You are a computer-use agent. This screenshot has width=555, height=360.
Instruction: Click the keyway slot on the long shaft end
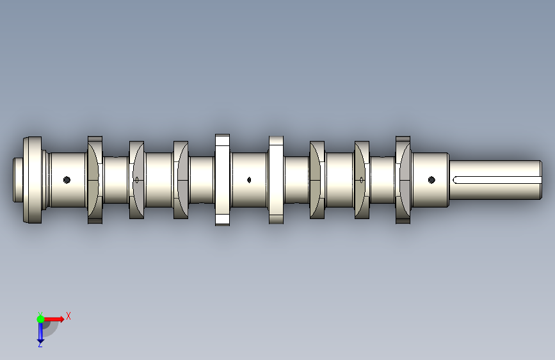[497, 180]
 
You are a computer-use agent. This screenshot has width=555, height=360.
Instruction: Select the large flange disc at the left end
[33, 180]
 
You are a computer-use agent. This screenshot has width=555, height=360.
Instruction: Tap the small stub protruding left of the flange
[18, 180]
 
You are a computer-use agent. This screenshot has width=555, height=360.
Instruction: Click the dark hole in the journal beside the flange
[67, 180]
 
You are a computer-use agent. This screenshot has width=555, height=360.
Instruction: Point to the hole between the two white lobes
[249, 180]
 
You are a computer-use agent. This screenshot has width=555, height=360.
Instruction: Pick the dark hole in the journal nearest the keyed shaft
[431, 180]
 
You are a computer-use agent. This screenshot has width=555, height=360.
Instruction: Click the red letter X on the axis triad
[68, 316]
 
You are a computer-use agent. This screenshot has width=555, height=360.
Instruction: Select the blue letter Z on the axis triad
[40, 344]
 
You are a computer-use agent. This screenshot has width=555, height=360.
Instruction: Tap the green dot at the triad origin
[40, 319]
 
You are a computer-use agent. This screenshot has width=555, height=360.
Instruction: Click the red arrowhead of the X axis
[61, 319]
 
